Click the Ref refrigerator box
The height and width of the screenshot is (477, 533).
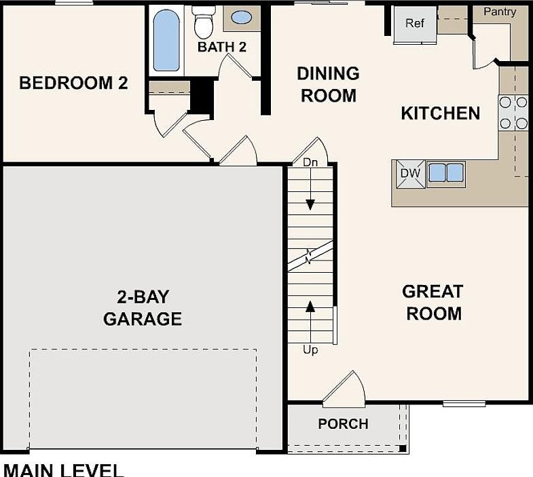pyautogui.click(x=414, y=24)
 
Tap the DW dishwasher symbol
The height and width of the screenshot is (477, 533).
pyautogui.click(x=410, y=174)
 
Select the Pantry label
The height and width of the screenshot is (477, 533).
pyautogui.click(x=499, y=12)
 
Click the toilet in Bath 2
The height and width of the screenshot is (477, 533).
pyautogui.click(x=203, y=22)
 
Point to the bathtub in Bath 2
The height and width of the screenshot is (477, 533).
pyautogui.click(x=165, y=39)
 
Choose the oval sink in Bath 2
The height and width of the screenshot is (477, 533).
pyautogui.click(x=241, y=18)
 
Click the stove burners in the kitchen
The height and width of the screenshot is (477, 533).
pyautogui.click(x=513, y=113)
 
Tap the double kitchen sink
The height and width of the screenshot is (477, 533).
pyautogui.click(x=445, y=172)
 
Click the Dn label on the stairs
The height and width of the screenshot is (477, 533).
pyautogui.click(x=310, y=162)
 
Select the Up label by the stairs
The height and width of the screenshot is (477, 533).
pyautogui.click(x=310, y=350)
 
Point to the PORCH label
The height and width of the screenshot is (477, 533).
pyautogui.click(x=343, y=424)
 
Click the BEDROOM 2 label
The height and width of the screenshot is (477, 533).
pyautogui.click(x=73, y=83)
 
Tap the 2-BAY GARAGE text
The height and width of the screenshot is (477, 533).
pyautogui.click(x=143, y=307)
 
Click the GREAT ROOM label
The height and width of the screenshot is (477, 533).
pyautogui.click(x=432, y=303)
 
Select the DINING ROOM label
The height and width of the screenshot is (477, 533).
pyautogui.click(x=328, y=84)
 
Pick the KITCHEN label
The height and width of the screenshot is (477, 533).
pyautogui.click(x=440, y=113)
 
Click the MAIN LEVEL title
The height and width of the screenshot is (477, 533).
pyautogui.click(x=64, y=470)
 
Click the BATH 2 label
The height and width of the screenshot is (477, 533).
pyautogui.click(x=221, y=47)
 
